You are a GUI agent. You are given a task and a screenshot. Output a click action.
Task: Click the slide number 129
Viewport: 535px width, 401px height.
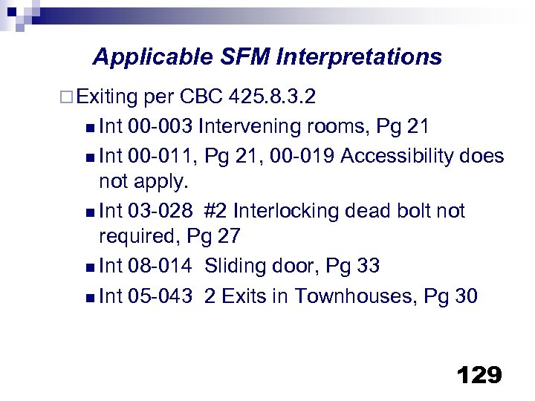coord(480,375)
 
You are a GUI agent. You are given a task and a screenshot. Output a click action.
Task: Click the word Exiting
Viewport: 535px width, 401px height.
coord(106,97)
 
